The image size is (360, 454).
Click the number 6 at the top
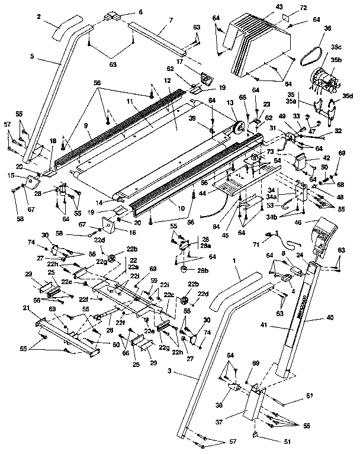coord(140,12)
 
